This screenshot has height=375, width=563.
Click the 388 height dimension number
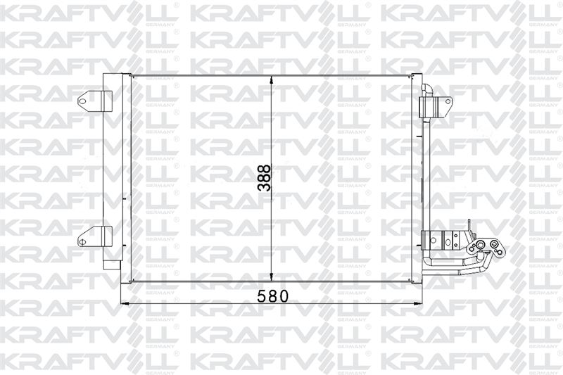(265, 178)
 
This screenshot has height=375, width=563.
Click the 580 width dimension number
(273, 296)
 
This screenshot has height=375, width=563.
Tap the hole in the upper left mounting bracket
(83, 101)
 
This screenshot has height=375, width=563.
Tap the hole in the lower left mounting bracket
(83, 241)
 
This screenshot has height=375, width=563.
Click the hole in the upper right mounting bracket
(448, 101)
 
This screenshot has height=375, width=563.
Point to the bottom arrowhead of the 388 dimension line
(272, 277)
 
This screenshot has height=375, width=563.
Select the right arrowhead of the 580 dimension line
(418, 304)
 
